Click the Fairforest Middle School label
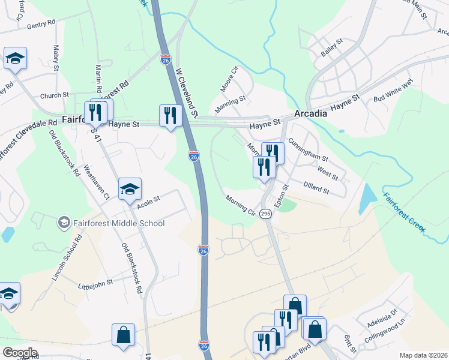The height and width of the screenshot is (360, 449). (118, 224)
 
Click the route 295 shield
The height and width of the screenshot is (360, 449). (265, 213)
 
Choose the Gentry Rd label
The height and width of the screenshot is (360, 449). (41, 25)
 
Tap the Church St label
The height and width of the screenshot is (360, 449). (55, 95)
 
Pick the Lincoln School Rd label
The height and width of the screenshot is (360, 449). (65, 257)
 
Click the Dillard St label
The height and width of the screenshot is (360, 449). (316, 188)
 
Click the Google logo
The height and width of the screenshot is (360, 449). (20, 353)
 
